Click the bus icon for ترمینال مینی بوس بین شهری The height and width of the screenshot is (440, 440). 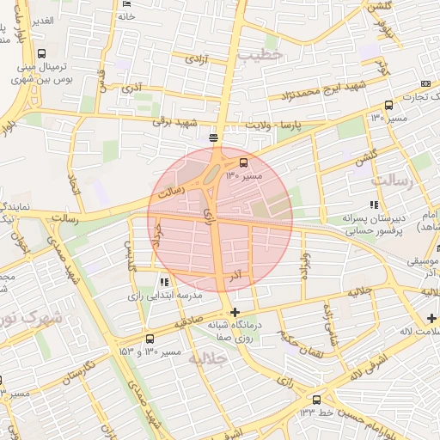tap(42, 53)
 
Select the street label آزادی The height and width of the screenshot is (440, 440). tap(199, 59)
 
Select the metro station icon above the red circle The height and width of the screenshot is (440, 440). tap(213, 137)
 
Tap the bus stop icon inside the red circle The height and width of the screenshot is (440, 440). tap(244, 161)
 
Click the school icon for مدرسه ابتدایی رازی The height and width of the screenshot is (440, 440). tap(163, 282)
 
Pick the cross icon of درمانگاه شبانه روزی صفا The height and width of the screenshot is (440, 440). tap(235, 312)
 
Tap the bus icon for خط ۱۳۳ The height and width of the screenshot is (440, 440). tap(317, 400)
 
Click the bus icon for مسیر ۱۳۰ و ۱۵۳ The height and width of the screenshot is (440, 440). tap(151, 339)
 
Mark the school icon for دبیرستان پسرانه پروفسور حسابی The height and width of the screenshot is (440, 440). tap(373, 205)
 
